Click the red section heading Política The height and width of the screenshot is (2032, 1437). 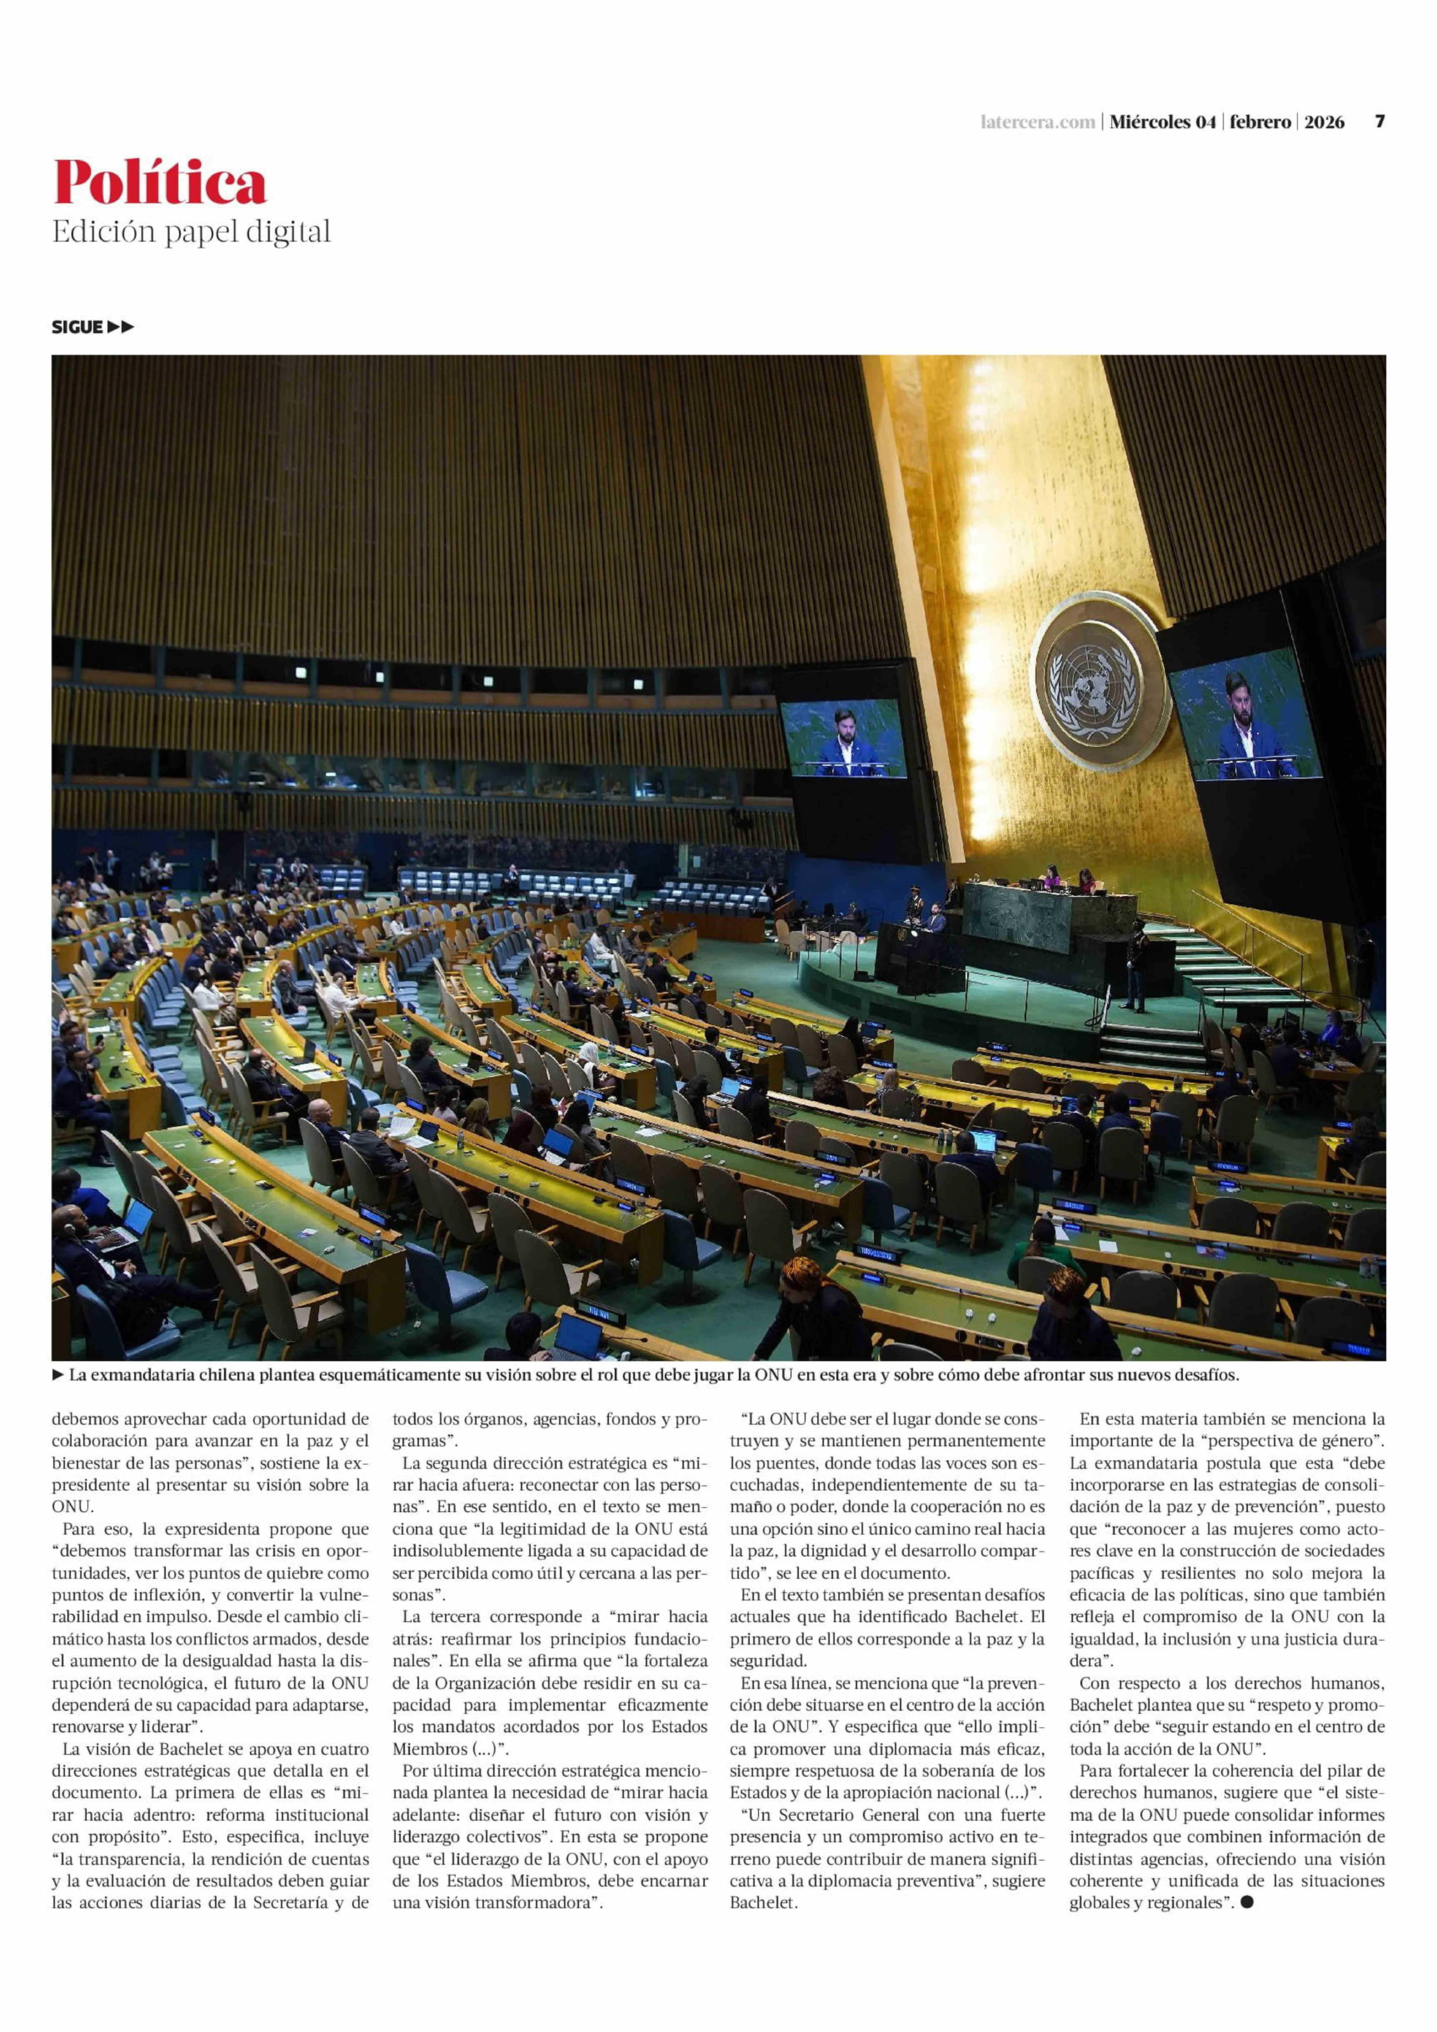click(x=159, y=183)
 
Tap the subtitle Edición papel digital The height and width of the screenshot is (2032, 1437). click(x=191, y=232)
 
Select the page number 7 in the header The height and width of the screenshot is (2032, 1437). click(x=1379, y=122)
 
